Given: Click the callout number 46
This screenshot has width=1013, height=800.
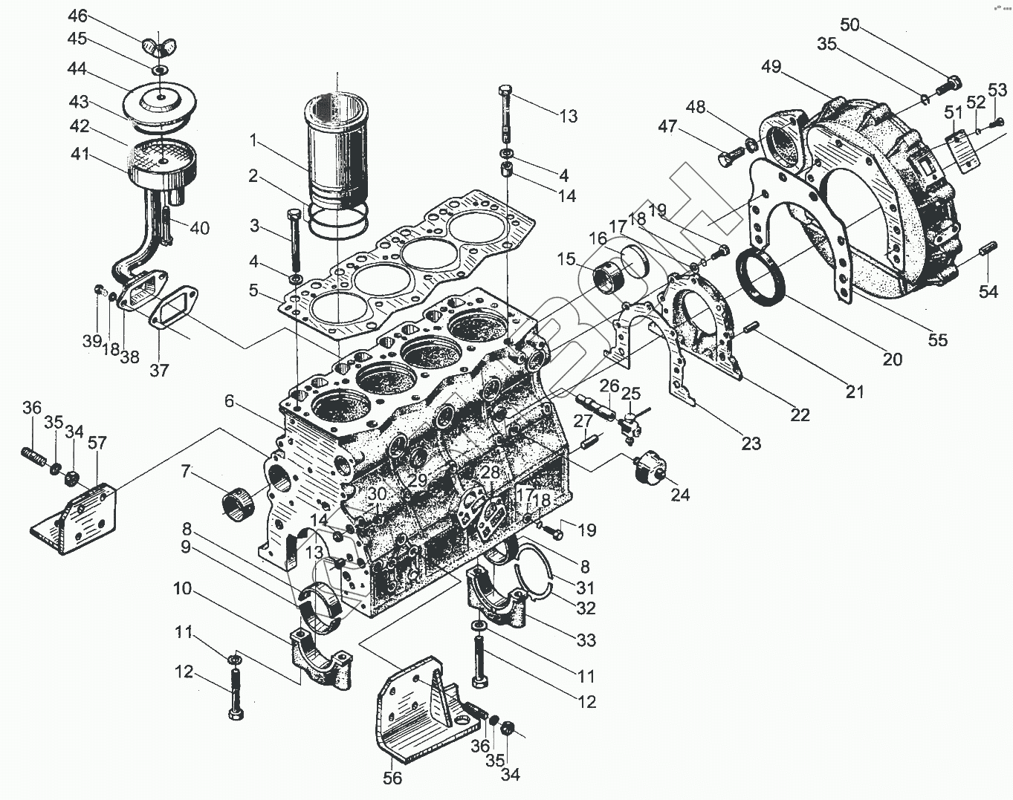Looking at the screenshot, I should point(77,16).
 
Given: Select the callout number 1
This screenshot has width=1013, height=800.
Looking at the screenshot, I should point(253,140).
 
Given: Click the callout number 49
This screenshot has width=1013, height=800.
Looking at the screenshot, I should point(771,66).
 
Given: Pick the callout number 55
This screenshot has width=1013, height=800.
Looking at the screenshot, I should point(937,339).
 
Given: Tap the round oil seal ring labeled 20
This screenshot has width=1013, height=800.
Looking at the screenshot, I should point(760,276).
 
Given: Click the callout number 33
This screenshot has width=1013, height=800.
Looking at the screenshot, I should point(586,640).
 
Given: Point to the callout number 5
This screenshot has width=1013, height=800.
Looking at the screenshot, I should point(254,290).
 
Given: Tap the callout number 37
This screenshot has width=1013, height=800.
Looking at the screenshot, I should point(159,370).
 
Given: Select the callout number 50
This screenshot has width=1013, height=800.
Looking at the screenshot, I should point(849,25).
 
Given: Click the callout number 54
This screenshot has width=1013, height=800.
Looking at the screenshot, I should point(988,292).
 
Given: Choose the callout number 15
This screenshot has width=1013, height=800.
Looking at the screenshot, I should point(566,259).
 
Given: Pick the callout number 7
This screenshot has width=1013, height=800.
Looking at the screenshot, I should point(185,471).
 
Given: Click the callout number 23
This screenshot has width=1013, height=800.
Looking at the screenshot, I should point(751,443).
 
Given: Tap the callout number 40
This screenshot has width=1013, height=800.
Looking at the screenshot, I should point(199,228).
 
